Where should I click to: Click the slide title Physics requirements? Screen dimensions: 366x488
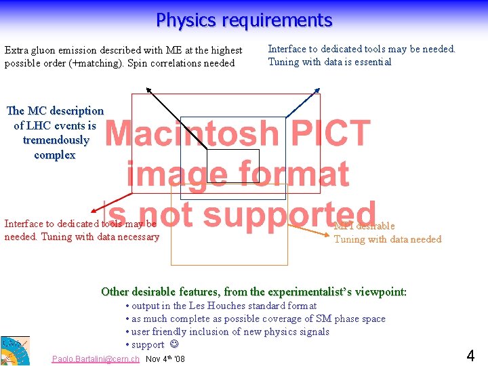[x=244, y=20]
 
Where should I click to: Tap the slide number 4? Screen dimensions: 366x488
[x=470, y=354]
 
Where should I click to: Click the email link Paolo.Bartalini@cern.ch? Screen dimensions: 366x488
[x=96, y=359]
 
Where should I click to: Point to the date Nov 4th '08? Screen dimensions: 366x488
[x=165, y=359]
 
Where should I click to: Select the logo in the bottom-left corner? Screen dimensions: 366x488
[x=14, y=350]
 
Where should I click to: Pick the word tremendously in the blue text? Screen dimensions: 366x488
[x=56, y=140]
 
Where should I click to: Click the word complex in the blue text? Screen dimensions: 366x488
[x=55, y=155]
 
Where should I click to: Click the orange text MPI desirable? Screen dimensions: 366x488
[x=364, y=226]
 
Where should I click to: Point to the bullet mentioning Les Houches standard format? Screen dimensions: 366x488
[x=221, y=306]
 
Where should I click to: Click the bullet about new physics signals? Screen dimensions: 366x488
[x=228, y=332]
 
